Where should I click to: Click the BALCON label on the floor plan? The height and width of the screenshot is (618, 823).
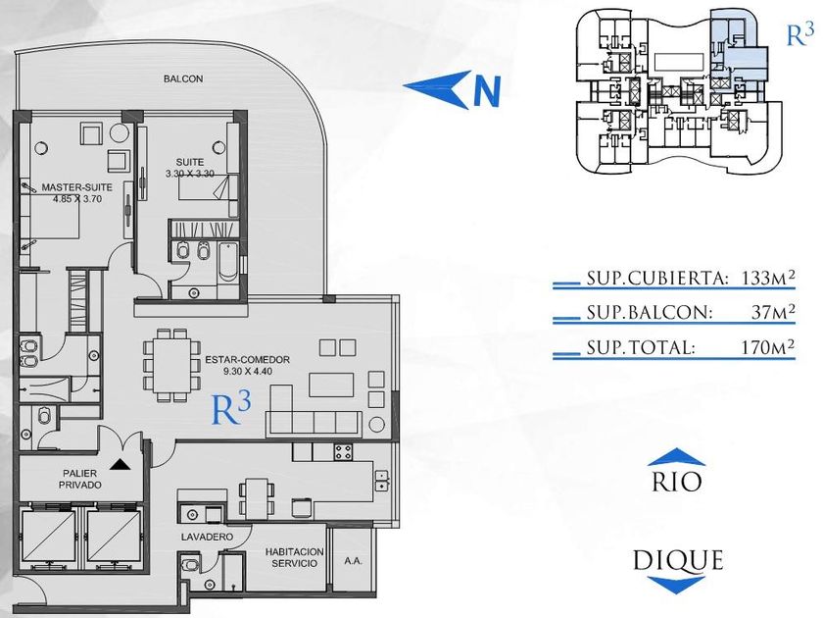(x=183, y=78)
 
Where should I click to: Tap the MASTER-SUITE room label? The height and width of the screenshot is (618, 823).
(x=77, y=187)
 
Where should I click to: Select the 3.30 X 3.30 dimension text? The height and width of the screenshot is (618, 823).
(x=189, y=174)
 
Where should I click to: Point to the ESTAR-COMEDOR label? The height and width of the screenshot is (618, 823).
(x=247, y=360)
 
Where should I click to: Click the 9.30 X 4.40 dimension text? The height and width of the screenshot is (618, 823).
(x=247, y=372)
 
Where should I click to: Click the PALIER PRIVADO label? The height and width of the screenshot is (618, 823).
(x=79, y=480)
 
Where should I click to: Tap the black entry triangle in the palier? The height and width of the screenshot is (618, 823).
(x=121, y=464)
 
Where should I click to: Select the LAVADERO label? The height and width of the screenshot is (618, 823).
(x=207, y=538)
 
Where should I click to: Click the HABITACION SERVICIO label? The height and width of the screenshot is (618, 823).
(x=295, y=557)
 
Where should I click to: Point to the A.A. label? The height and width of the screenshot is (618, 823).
(x=354, y=561)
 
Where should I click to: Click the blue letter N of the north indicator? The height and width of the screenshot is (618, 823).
(x=487, y=91)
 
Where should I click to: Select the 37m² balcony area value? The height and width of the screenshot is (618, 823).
(x=773, y=312)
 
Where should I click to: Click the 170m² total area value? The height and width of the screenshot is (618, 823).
(x=767, y=347)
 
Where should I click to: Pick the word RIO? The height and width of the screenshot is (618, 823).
(x=677, y=482)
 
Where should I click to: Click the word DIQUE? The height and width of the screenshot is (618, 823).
(x=678, y=561)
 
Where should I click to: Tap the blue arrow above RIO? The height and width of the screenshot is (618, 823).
(x=677, y=457)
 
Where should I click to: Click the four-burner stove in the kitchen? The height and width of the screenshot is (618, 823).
(x=344, y=451)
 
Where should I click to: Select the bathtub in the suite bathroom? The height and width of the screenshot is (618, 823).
(x=227, y=261)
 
